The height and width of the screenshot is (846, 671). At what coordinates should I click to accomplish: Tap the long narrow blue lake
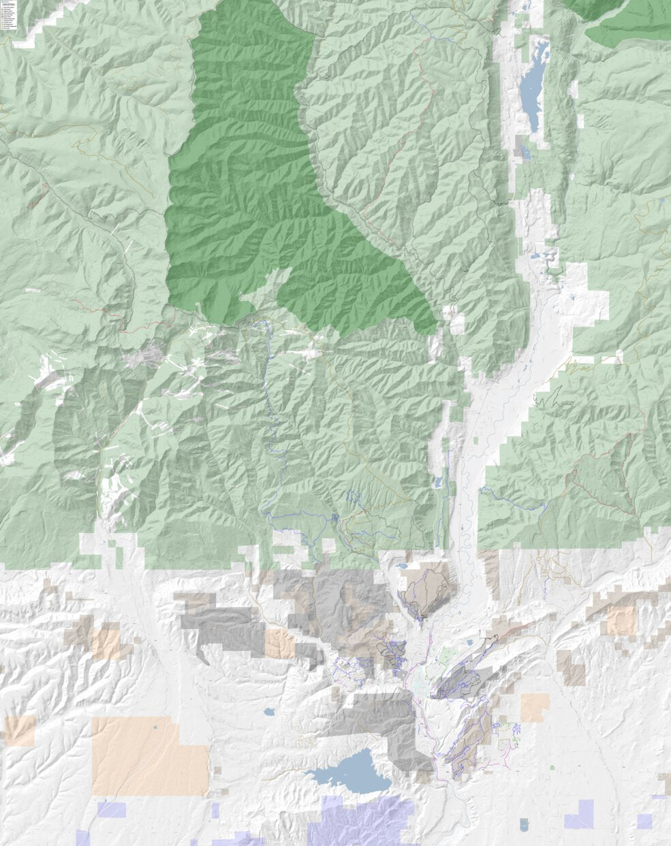coord(533,85)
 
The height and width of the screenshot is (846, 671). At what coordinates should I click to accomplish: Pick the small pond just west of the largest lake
coord(269,713)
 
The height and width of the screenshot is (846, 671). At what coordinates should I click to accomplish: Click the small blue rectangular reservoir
coord(523,825)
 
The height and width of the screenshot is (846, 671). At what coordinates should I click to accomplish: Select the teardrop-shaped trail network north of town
coord(426,592)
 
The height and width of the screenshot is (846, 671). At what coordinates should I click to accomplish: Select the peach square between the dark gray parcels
coord(279,643)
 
